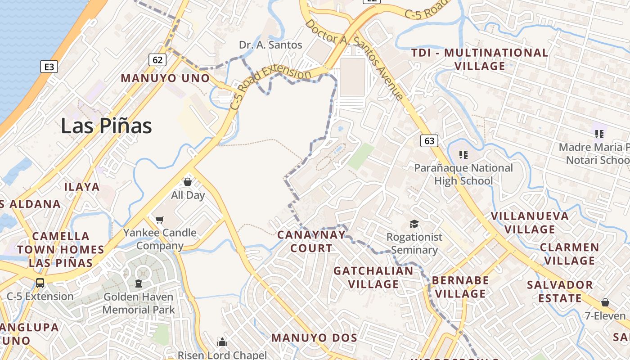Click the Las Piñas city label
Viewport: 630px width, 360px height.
106,126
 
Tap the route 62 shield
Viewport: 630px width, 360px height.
157,60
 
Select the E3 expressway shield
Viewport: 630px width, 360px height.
49,67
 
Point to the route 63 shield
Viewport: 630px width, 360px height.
429,141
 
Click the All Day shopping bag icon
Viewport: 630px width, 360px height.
188,182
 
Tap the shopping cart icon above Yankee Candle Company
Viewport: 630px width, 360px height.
159,220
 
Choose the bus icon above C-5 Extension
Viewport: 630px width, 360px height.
40,283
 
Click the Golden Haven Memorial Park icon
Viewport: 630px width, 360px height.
138,283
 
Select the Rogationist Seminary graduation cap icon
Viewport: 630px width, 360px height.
414,224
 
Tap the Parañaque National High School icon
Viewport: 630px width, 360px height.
463,155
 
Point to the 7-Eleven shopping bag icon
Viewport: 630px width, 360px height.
605,302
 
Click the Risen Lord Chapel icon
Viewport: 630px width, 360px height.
222,342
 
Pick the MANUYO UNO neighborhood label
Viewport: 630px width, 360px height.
165,78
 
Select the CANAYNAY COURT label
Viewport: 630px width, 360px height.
311,241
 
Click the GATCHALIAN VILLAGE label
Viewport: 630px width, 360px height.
373,277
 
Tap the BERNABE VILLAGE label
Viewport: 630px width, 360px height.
460,287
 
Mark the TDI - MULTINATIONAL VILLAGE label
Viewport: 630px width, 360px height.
480,59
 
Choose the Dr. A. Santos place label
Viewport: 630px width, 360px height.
270,45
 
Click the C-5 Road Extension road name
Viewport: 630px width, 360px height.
270,85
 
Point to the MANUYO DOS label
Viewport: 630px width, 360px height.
314,337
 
